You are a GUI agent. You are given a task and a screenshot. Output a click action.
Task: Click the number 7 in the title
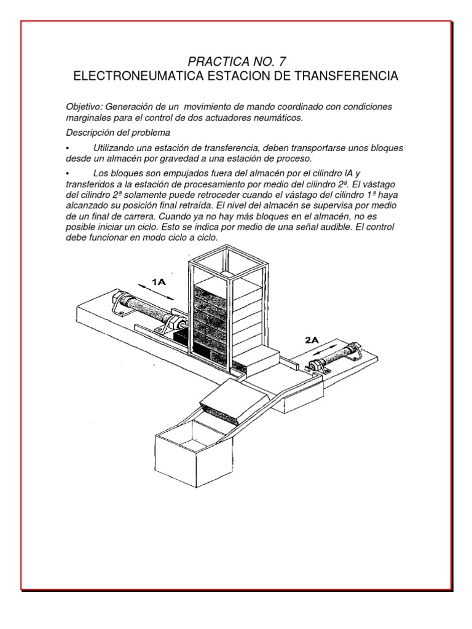coord(281,61)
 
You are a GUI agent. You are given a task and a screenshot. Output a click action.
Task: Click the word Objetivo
coord(84,107)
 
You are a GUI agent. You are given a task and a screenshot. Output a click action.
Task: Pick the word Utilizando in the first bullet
coord(116,148)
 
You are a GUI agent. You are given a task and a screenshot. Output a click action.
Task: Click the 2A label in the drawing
coord(312,338)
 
